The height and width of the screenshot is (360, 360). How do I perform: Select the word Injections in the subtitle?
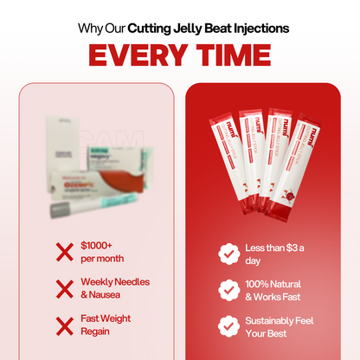[259, 28]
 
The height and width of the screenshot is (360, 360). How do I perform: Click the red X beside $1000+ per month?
[64, 252]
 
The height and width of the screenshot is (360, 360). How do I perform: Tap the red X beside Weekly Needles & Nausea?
[64, 288]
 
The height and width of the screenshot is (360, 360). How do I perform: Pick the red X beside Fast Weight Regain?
[64, 325]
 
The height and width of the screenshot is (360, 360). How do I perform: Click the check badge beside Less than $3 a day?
[228, 254]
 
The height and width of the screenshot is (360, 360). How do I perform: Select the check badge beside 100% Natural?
[228, 289]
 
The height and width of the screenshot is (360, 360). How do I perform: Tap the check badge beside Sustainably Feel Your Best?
[228, 325]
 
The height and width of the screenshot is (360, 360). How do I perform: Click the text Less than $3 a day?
[269, 254]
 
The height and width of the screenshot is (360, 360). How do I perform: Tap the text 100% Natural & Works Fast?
[273, 289]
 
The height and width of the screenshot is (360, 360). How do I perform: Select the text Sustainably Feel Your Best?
[279, 325]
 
